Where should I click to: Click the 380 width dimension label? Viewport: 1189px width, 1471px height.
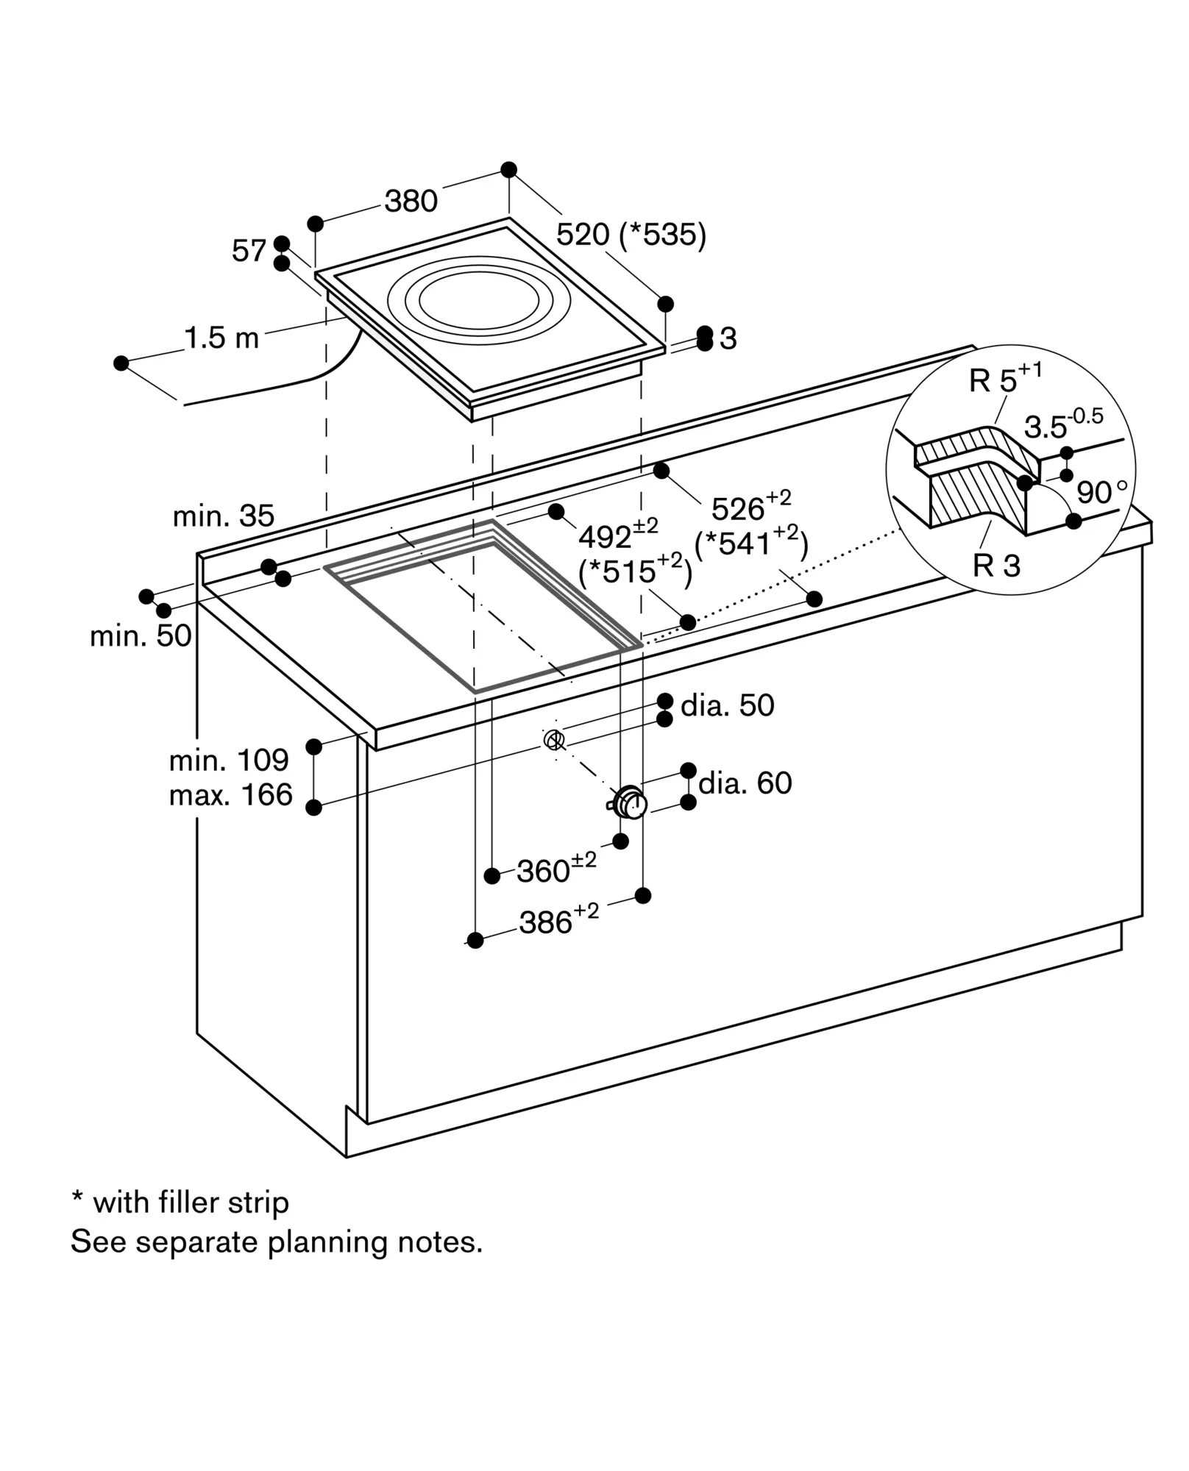click(x=411, y=201)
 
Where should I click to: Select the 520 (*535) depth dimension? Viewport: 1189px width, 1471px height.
click(x=631, y=235)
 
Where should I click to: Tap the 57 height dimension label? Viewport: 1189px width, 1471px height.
click(x=248, y=251)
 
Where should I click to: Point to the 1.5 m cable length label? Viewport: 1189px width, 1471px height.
click(x=221, y=338)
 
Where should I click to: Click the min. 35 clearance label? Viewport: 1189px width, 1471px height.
click(x=224, y=516)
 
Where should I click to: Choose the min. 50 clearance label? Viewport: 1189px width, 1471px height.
click(x=141, y=636)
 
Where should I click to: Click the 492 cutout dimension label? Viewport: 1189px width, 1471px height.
click(x=618, y=535)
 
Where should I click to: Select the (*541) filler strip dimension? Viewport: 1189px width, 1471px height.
click(x=751, y=542)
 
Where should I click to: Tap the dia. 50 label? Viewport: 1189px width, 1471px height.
click(x=728, y=705)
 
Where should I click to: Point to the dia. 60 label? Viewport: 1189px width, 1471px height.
click(x=745, y=783)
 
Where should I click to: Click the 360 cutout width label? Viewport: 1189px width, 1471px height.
click(x=556, y=869)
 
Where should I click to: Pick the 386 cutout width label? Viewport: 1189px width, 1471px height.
click(x=559, y=919)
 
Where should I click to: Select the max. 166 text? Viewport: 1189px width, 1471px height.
click(x=231, y=795)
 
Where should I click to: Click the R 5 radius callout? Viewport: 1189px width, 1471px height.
click(x=1006, y=377)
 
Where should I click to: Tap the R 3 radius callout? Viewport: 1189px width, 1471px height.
click(x=997, y=566)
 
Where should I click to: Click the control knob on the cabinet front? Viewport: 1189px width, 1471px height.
click(x=629, y=802)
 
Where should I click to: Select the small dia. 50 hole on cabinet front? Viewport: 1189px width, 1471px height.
click(x=554, y=740)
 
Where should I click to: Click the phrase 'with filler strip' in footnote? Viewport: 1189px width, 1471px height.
click(x=191, y=1203)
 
